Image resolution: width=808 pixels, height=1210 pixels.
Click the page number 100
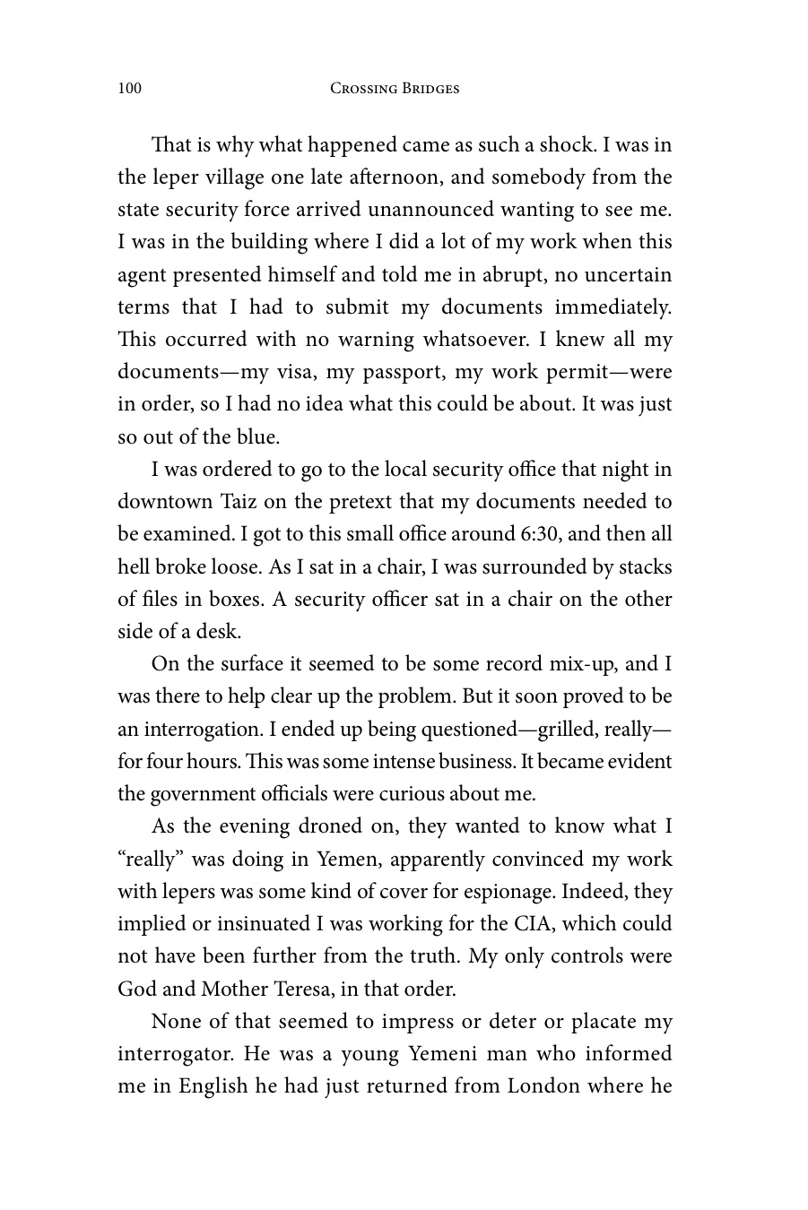[129, 89]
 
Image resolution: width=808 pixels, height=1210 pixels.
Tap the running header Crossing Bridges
[395, 89]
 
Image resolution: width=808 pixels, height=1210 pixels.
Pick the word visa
[293, 372]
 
